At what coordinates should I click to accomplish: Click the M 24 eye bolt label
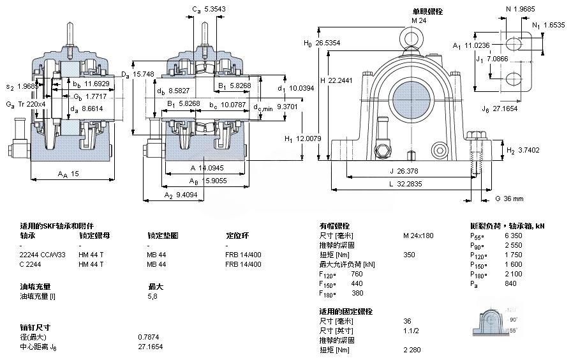pos(419,20)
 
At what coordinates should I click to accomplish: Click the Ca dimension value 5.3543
pos(213,9)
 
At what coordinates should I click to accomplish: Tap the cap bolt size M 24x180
pos(418,236)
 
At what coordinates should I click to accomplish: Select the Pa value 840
pos(510,283)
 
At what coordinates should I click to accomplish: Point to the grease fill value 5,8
pos(153,296)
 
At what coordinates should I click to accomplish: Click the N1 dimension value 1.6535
pos(552,25)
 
